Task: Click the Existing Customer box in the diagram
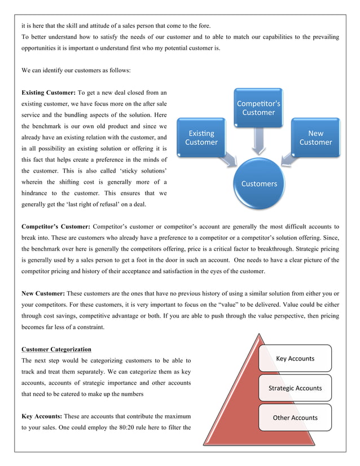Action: point(201,138)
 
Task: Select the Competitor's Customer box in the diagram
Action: point(258,107)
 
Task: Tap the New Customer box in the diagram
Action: point(315,138)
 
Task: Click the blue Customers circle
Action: point(259,183)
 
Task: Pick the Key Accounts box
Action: point(295,358)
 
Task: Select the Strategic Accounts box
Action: point(295,388)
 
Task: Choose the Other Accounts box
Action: point(295,417)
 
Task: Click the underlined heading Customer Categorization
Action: point(56,349)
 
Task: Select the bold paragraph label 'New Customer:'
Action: point(43,293)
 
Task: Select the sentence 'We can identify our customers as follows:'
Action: point(76,71)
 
